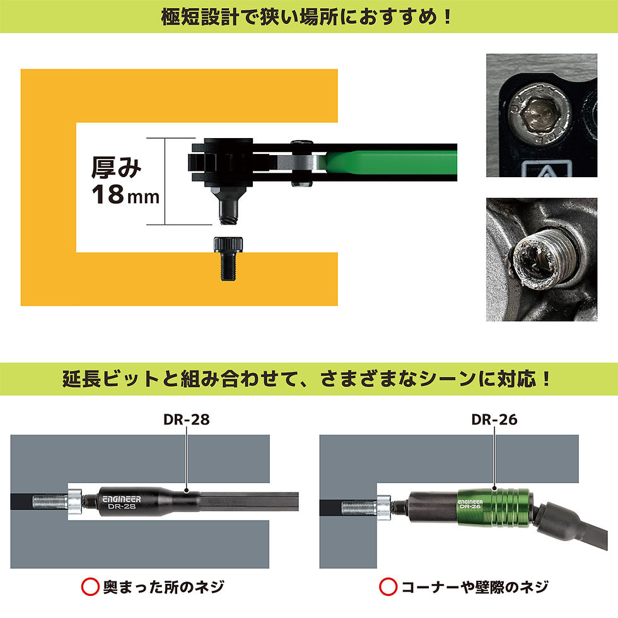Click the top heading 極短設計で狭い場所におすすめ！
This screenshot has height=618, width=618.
click(308, 15)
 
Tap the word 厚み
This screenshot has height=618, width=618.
click(117, 167)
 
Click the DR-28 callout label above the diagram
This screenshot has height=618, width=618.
click(187, 419)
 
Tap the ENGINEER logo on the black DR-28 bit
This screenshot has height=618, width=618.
click(122, 498)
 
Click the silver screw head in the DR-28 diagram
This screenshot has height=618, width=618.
click(76, 503)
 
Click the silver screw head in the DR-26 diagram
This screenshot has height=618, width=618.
click(383, 505)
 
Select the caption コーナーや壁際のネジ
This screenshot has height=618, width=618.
click(474, 587)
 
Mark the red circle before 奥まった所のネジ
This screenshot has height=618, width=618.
click(90, 587)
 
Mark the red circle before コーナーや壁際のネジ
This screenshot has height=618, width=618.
click(388, 587)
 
